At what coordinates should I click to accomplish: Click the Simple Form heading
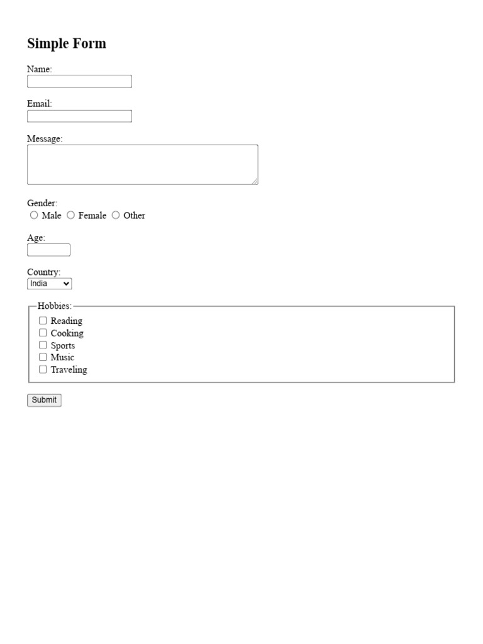(67, 43)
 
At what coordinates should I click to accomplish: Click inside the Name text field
(79, 82)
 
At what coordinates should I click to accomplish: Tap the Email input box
(79, 116)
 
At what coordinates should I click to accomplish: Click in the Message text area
(142, 165)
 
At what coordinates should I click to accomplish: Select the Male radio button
(34, 215)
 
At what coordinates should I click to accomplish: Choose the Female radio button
(71, 215)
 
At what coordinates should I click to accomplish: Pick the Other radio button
(116, 215)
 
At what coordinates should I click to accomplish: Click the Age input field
(48, 250)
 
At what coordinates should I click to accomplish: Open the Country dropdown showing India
(50, 284)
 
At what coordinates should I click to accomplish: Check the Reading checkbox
(43, 321)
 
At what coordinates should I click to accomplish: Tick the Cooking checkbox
(43, 333)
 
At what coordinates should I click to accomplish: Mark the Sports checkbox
(43, 345)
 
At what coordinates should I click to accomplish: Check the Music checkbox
(43, 357)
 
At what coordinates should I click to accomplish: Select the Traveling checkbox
(43, 369)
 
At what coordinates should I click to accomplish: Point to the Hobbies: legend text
(55, 306)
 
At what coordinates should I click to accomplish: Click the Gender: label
(42, 203)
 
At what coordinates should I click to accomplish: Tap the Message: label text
(45, 139)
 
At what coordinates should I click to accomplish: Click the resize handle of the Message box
(255, 181)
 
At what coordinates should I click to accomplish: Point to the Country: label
(43, 272)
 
